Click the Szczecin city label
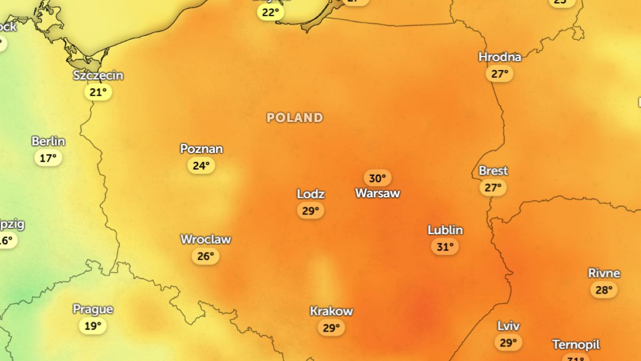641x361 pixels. pyautogui.click(x=98, y=75)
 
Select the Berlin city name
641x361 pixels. pyautogui.click(x=48, y=142)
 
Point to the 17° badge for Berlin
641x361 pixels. pyautogui.click(x=48, y=158)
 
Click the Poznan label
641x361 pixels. pyautogui.click(x=201, y=149)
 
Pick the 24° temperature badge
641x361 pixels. pyautogui.click(x=201, y=166)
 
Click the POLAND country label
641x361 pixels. pyautogui.click(x=295, y=118)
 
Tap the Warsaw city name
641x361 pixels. pyautogui.click(x=378, y=193)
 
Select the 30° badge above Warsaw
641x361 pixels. pyautogui.click(x=378, y=178)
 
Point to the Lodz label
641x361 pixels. pyautogui.click(x=311, y=194)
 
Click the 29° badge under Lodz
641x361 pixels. pyautogui.click(x=310, y=211)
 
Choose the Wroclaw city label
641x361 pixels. pyautogui.click(x=206, y=240)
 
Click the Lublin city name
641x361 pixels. pyautogui.click(x=445, y=230)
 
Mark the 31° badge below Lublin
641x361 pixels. pyautogui.click(x=445, y=247)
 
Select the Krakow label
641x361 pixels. pyautogui.click(x=331, y=311)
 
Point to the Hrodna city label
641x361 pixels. pyautogui.click(x=499, y=57)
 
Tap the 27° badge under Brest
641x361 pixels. pyautogui.click(x=493, y=188)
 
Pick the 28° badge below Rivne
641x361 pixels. pyautogui.click(x=604, y=290)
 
